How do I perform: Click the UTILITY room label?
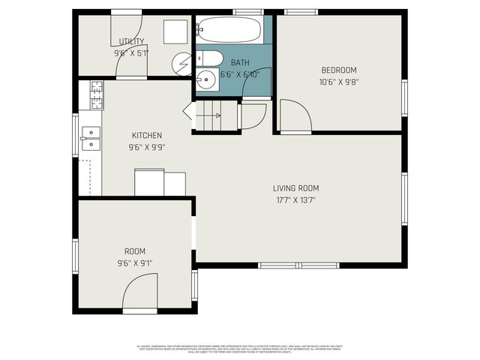click(131, 42)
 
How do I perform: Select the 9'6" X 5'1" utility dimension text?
click(131, 53)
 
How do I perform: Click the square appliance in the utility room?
click(175, 31)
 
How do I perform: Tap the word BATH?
click(240, 63)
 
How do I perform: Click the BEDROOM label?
click(338, 70)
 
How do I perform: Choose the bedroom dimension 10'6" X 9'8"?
click(338, 82)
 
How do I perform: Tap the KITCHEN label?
click(147, 136)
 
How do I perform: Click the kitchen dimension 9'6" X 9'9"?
click(147, 147)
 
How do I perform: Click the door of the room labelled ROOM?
click(139, 292)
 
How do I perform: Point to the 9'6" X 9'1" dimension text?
click(135, 263)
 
